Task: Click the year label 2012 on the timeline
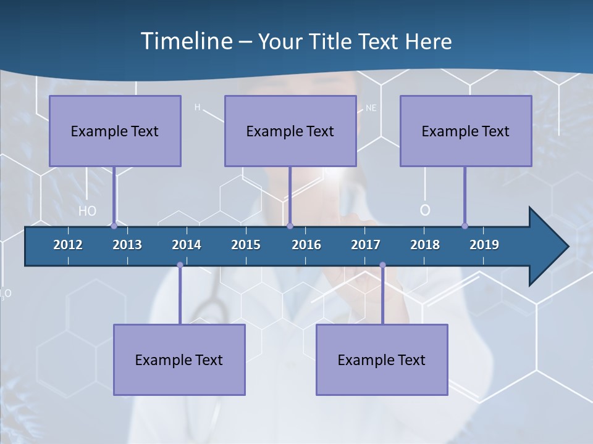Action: (68, 245)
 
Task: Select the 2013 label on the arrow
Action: (127, 245)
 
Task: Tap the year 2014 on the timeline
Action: (187, 245)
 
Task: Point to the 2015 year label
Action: (246, 245)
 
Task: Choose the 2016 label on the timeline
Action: (306, 245)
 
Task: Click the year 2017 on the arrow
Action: (366, 245)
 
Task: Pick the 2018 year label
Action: (425, 245)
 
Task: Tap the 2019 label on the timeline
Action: (484, 245)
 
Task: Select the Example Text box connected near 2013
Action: (115, 131)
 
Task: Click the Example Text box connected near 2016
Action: (290, 131)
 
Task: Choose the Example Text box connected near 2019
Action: (466, 131)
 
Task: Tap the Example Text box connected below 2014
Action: (179, 360)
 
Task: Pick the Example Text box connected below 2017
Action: (382, 360)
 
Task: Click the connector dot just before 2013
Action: (114, 226)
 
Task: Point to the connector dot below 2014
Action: (180, 265)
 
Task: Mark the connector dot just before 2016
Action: (290, 226)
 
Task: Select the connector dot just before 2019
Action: (465, 226)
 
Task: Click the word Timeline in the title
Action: (186, 41)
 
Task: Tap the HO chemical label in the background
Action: (88, 211)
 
